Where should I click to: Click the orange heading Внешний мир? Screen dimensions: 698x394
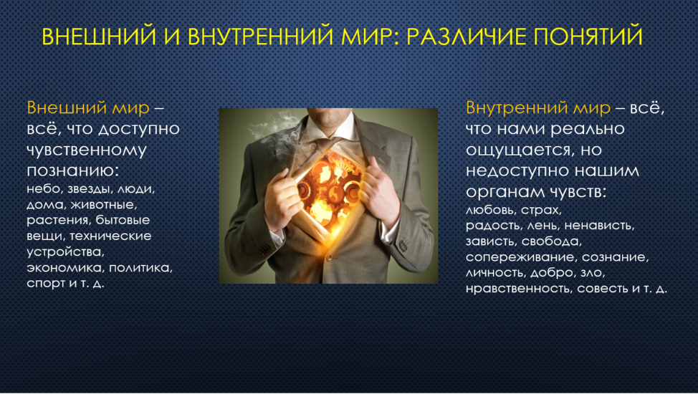(x=88, y=107)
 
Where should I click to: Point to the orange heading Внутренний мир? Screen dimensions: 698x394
(x=538, y=107)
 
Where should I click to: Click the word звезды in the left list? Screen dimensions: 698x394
(x=89, y=189)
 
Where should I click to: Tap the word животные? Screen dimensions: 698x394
(x=103, y=205)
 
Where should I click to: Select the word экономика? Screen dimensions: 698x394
(x=65, y=268)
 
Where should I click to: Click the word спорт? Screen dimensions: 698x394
(x=46, y=284)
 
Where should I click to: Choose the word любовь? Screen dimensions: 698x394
(x=491, y=210)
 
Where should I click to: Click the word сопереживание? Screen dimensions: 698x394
(x=521, y=257)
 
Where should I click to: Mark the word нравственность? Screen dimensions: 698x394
(x=519, y=289)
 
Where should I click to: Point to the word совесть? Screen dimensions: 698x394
(x=602, y=289)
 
